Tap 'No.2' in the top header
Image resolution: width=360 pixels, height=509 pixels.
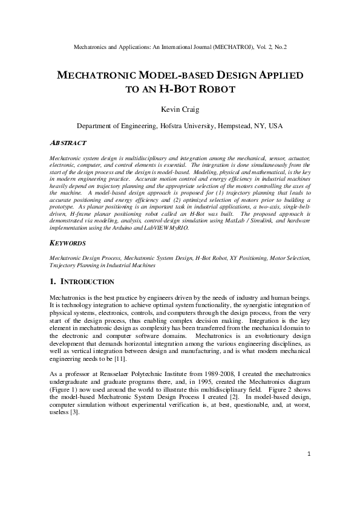click(279, 46)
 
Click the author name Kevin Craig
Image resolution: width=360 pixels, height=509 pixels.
click(179, 110)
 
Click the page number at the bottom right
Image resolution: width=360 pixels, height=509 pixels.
click(308, 471)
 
